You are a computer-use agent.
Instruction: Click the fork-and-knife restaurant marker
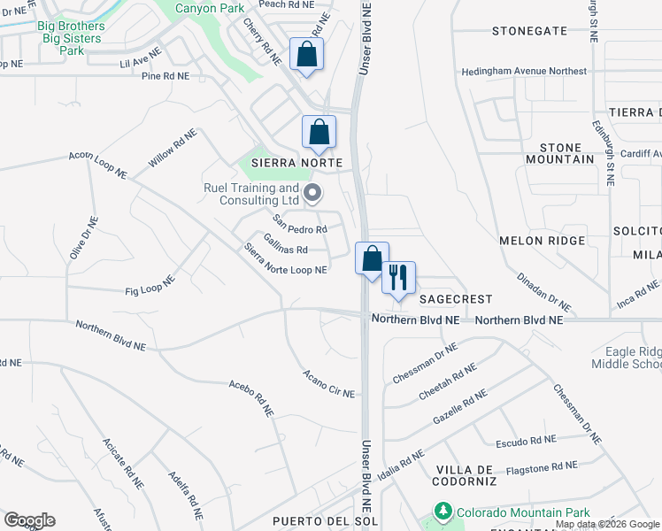point(398,278)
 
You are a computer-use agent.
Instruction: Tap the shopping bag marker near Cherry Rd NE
point(306,55)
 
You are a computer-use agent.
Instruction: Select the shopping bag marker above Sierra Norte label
point(319,133)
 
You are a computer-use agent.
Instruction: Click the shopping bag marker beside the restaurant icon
point(372,258)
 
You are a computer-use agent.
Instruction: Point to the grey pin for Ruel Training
point(312,192)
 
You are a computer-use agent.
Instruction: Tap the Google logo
point(29,520)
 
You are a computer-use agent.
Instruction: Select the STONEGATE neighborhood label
point(529,31)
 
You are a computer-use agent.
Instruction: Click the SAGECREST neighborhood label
point(455,300)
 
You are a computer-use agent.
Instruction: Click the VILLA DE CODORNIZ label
point(468,474)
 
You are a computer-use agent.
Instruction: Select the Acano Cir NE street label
point(328,383)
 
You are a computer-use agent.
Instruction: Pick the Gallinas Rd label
point(285,250)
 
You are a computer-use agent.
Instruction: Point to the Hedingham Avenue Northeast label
point(529,71)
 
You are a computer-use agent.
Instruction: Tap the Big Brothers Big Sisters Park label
point(72,39)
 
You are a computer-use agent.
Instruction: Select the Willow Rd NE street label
point(173,149)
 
